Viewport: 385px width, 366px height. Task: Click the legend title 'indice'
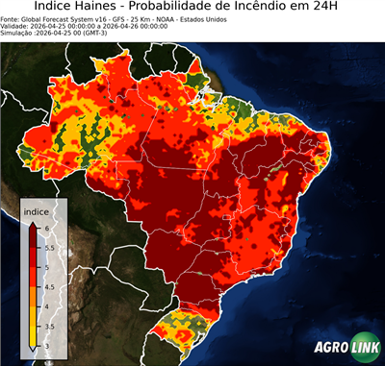[x=36, y=209]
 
